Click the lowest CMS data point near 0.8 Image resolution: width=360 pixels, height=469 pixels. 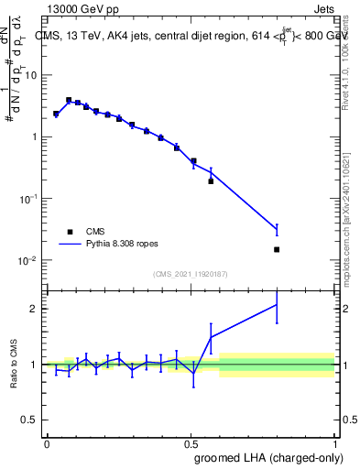[x=277, y=249]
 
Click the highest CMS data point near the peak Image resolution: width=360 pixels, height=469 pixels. [x=69, y=100]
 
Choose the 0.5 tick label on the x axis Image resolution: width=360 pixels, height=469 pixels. [x=191, y=442]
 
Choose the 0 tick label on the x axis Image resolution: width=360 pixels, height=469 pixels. [x=47, y=442]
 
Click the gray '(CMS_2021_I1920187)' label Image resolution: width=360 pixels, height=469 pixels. [x=191, y=274]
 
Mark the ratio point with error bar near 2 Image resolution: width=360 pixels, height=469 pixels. [x=277, y=304]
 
